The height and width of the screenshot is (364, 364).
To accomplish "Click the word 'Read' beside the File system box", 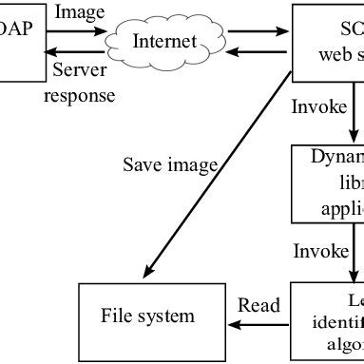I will (259, 305).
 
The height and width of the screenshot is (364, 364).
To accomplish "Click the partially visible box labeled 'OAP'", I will (18, 29).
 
